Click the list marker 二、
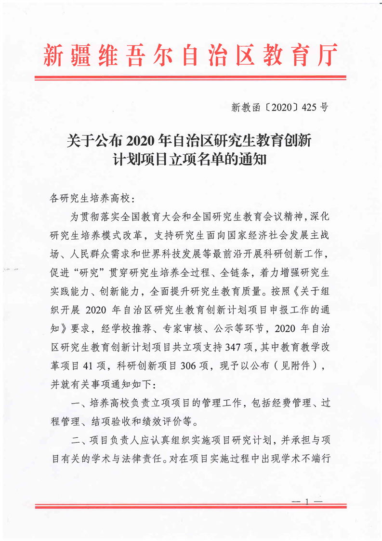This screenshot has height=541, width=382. [79, 440]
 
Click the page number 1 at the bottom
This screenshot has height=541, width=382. [306, 502]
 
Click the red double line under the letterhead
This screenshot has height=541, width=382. [191, 77]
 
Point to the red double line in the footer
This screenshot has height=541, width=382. [191, 506]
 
